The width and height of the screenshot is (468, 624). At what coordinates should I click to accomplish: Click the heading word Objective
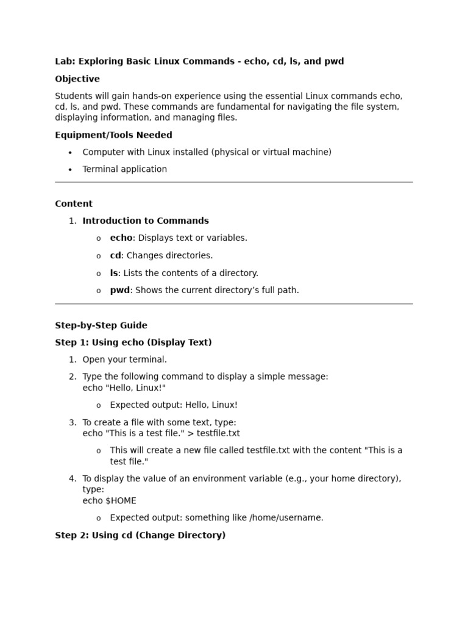pos(77,79)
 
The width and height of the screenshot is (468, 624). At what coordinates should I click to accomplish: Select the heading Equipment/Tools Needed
pos(113,135)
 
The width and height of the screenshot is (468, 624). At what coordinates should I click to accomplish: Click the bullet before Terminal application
pos(70,170)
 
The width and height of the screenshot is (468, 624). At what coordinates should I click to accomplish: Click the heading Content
pos(74,204)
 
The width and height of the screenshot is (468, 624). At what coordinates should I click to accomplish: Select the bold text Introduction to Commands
pos(146,221)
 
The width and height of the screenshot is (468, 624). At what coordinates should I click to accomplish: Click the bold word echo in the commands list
pos(121,238)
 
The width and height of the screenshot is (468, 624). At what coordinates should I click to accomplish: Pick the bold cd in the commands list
pos(115,256)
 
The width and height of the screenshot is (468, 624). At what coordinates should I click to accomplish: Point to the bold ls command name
pos(113,274)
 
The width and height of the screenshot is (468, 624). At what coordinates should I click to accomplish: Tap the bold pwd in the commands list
pos(119,291)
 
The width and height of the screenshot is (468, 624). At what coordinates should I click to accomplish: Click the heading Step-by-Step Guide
pos(101,326)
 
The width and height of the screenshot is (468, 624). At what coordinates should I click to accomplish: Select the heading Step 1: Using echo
pos(133,343)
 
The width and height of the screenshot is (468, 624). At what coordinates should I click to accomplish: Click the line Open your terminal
pos(124,360)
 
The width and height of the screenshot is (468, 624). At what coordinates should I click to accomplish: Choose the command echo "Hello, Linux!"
pos(124,388)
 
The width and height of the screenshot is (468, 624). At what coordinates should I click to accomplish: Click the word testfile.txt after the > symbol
pos(218,434)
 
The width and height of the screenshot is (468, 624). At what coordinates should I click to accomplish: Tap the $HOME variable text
pos(121,501)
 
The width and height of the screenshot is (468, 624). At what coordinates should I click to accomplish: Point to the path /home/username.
pos(286,518)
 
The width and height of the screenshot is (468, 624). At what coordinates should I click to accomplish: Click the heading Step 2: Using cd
pos(140,536)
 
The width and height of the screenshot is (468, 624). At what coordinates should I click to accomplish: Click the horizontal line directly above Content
pos(234,182)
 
